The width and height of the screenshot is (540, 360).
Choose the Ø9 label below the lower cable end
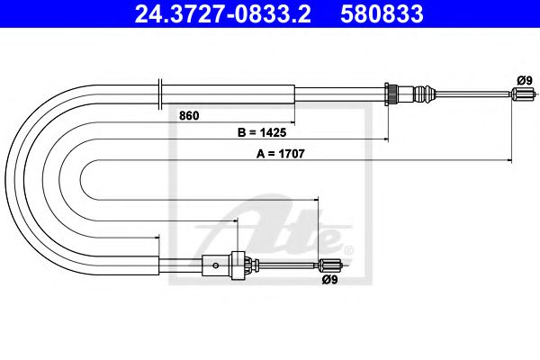pyautogui.click(x=330, y=279)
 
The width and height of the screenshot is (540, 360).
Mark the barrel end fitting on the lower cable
pyautogui.click(x=330, y=264)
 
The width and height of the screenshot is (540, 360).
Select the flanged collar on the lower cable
pyautogui.click(x=238, y=264)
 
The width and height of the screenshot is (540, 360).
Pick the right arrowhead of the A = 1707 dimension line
pyautogui.click(x=516, y=160)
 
